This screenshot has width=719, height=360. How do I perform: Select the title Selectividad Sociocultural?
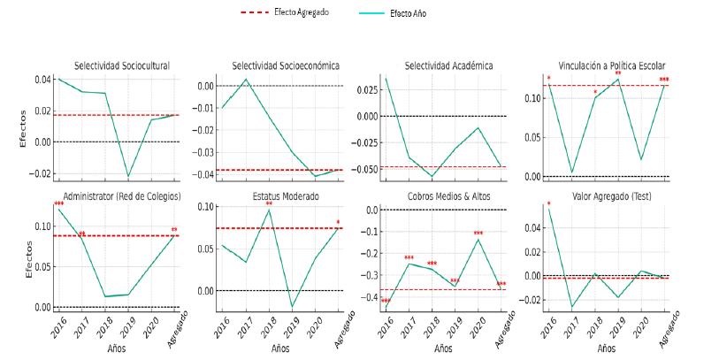click(122, 65)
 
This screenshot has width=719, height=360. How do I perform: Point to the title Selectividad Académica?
click(448, 65)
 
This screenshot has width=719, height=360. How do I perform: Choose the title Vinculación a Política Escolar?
click(612, 65)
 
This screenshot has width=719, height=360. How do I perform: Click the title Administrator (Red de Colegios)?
click(122, 195)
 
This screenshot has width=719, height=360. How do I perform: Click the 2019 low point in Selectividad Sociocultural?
click(128, 177)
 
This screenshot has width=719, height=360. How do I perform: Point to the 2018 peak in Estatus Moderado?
click(269, 210)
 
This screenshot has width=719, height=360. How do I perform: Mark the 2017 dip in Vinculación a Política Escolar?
click(571, 172)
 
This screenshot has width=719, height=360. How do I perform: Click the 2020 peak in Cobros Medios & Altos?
click(478, 239)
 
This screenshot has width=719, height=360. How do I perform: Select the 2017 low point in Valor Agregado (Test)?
click(571, 307)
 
